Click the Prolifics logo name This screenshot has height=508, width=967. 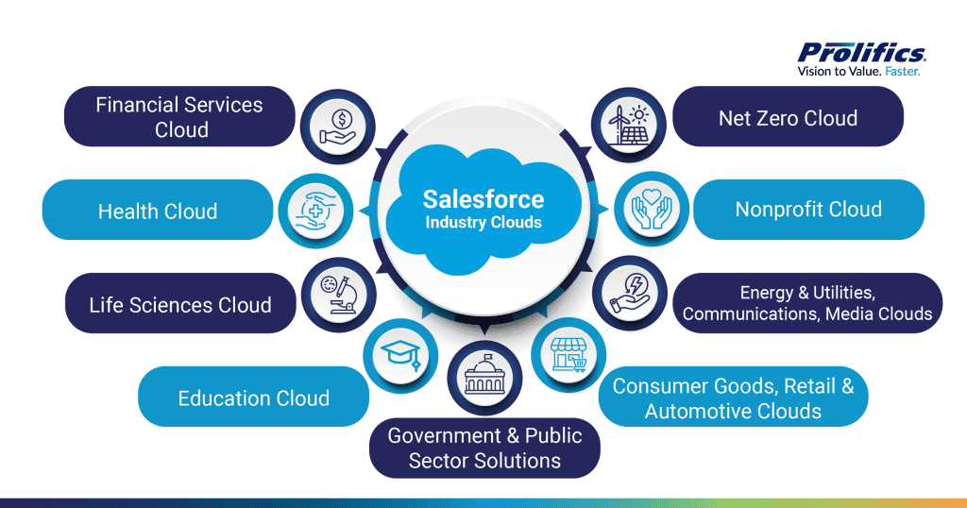[x=861, y=53]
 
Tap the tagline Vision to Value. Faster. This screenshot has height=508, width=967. [x=860, y=71]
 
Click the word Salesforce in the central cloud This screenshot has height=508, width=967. [x=483, y=199]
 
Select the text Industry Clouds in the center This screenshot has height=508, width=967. [x=483, y=223]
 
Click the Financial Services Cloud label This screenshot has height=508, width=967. [x=179, y=116]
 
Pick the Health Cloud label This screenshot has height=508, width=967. [x=158, y=211]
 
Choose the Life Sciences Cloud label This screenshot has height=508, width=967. [x=180, y=304]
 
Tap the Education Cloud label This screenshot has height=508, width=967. [x=253, y=398]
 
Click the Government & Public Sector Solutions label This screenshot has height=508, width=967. [x=484, y=448]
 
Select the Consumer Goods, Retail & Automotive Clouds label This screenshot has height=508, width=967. [x=733, y=398]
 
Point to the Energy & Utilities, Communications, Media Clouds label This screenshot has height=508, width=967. [x=806, y=304]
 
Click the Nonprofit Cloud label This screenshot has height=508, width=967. [x=808, y=210]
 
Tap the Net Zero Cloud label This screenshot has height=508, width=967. [x=788, y=118]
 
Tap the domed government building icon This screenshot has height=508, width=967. [x=484, y=377]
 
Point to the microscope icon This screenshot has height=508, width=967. [x=337, y=294]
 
